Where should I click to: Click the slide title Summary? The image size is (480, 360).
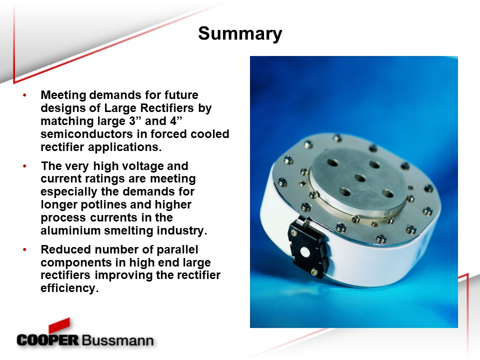[x=240, y=33]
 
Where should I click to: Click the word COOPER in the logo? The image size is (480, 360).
[x=48, y=340]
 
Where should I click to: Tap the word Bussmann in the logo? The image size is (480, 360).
[x=117, y=340]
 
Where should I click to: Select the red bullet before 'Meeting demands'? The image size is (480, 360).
[x=25, y=95]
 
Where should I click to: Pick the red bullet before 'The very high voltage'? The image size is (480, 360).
[x=25, y=166]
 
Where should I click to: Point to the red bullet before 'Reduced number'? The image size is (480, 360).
[x=25, y=249]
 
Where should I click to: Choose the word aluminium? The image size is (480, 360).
[x=70, y=230]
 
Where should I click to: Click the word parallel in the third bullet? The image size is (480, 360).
[x=177, y=250]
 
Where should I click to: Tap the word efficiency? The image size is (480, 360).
[x=69, y=288]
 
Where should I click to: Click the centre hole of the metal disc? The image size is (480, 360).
[x=360, y=177]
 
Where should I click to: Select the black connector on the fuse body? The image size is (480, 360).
[x=308, y=248]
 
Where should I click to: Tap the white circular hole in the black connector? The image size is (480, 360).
[x=305, y=252]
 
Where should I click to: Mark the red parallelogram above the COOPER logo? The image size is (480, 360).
[x=59, y=325]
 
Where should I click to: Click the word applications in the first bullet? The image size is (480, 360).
[x=124, y=147]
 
